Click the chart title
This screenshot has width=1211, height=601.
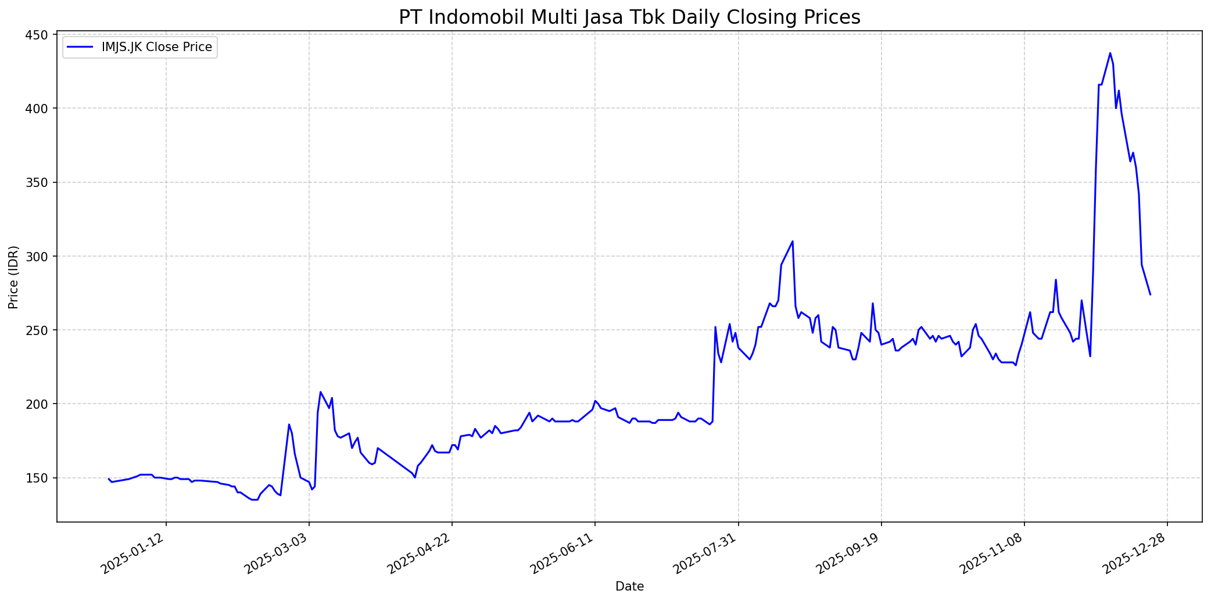(629, 17)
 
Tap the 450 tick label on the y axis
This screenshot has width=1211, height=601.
(38, 35)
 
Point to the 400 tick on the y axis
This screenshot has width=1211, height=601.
(38, 109)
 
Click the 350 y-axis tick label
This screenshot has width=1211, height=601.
(38, 182)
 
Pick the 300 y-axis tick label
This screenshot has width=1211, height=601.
(38, 256)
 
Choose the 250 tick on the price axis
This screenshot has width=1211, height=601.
(38, 330)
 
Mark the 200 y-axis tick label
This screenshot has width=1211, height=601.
(38, 404)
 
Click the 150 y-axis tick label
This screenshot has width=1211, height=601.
(38, 478)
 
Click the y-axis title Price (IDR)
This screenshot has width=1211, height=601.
(13, 278)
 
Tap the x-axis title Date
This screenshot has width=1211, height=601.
(629, 586)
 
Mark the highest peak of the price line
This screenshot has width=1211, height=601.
(1110, 53)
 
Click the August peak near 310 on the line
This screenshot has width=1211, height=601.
(793, 242)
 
